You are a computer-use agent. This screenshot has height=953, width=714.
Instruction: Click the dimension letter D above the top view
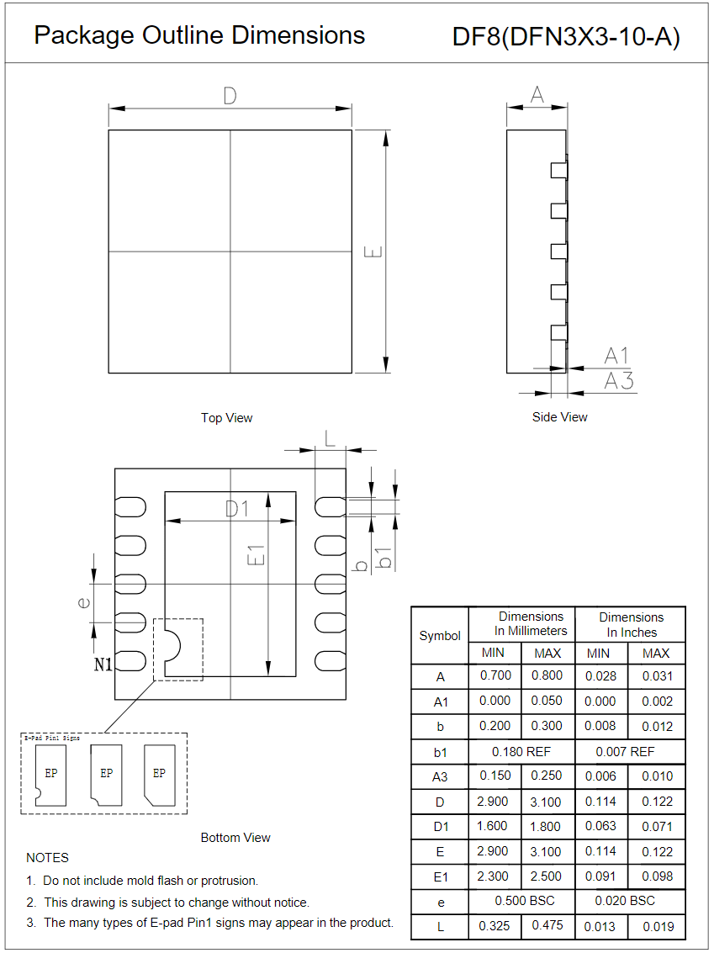coord(230,97)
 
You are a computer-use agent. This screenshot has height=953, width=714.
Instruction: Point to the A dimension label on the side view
coord(537,95)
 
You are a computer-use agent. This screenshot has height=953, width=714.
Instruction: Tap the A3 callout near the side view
coord(619,381)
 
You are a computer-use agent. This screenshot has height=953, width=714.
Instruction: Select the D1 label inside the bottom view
coord(237,509)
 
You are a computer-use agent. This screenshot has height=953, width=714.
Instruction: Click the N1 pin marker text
coord(103,664)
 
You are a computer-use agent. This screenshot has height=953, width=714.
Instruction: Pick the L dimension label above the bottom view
coord(330,437)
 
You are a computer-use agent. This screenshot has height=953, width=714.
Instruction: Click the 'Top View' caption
coord(226,418)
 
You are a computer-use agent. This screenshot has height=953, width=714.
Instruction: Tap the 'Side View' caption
coord(560,417)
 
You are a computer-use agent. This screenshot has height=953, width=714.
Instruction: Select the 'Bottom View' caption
coord(235,838)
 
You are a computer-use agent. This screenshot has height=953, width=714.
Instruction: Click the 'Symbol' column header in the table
coord(440,636)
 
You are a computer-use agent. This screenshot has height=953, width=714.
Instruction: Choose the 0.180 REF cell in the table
coord(521,751)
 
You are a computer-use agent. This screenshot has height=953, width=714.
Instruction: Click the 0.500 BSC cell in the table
coord(521,901)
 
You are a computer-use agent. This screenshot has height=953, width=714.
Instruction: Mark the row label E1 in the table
coord(440,876)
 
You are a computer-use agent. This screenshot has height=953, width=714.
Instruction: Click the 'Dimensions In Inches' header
coord(631,624)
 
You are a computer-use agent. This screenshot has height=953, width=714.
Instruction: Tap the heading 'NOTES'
coord(48,858)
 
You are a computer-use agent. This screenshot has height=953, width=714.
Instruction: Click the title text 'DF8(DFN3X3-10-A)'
coord(566,37)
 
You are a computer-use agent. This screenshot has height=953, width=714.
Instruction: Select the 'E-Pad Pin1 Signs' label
coord(52,738)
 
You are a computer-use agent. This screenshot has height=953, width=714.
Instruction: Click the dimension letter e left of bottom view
coord(82,601)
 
